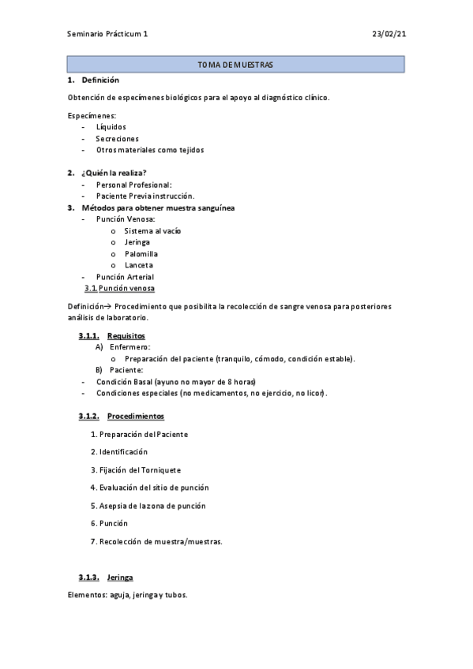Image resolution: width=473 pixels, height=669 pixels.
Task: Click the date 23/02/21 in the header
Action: (x=389, y=34)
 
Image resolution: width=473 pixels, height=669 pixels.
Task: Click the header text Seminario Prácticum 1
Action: (x=107, y=34)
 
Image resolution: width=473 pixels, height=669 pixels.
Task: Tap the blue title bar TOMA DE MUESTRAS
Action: (x=235, y=65)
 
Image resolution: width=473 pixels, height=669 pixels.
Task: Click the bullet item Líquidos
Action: (x=111, y=126)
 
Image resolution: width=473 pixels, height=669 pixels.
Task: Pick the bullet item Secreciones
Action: (x=117, y=138)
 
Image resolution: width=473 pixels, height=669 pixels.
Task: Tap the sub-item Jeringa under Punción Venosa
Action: (x=137, y=242)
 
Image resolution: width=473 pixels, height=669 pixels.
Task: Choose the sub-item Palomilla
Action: (x=141, y=254)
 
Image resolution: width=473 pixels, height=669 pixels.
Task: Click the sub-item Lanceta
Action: (x=139, y=265)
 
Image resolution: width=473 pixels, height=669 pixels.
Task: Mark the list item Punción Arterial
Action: (x=125, y=277)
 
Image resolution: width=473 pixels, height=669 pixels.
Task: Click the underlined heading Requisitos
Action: (x=126, y=335)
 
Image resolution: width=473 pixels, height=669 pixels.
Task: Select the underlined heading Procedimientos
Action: (x=136, y=416)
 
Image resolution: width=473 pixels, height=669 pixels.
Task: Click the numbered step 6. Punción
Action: (x=109, y=523)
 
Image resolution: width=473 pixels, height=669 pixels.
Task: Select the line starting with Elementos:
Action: (x=128, y=595)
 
